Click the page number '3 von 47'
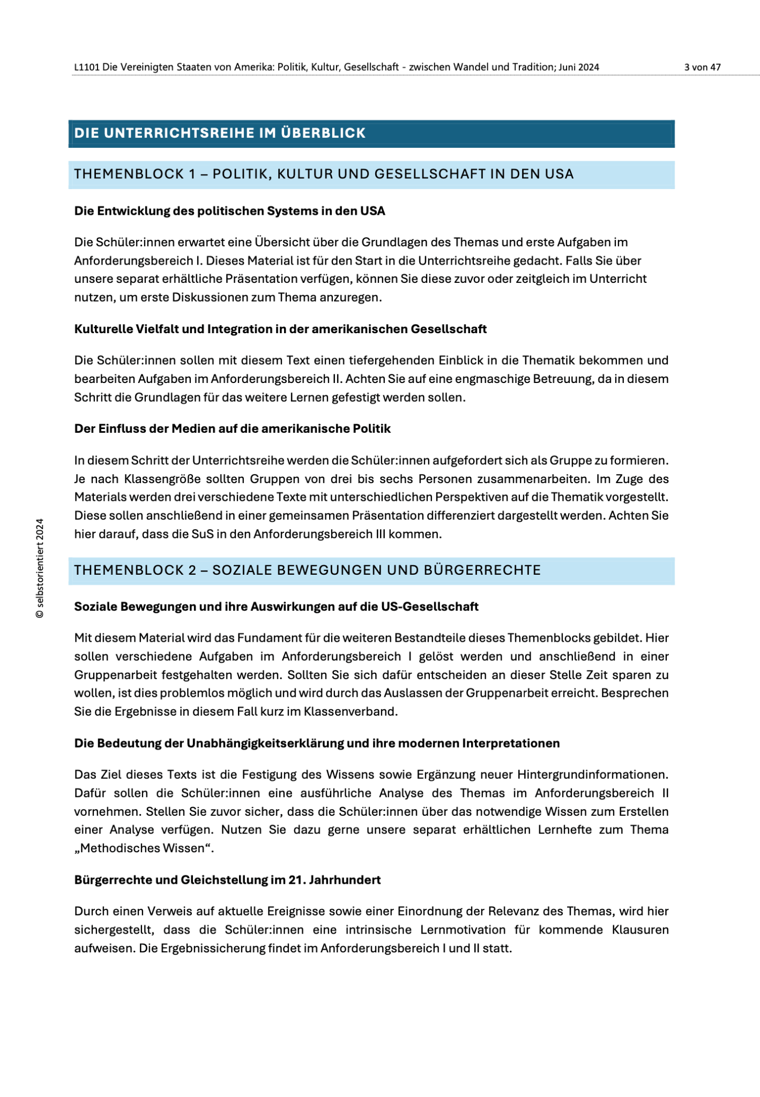[x=702, y=67]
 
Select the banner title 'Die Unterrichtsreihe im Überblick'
[x=220, y=133]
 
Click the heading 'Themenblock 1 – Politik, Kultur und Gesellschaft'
[x=324, y=175]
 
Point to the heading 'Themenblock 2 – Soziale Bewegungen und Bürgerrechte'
[x=307, y=570]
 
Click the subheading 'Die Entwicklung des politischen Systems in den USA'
[x=229, y=211]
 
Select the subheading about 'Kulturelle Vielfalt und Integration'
[x=280, y=329]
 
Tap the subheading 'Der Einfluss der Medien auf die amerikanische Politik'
[x=232, y=429]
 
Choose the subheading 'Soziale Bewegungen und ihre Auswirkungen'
[x=276, y=606]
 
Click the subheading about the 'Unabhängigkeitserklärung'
[x=317, y=743]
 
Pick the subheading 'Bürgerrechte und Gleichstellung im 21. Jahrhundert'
[x=227, y=880]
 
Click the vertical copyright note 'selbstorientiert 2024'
[x=40, y=568]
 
